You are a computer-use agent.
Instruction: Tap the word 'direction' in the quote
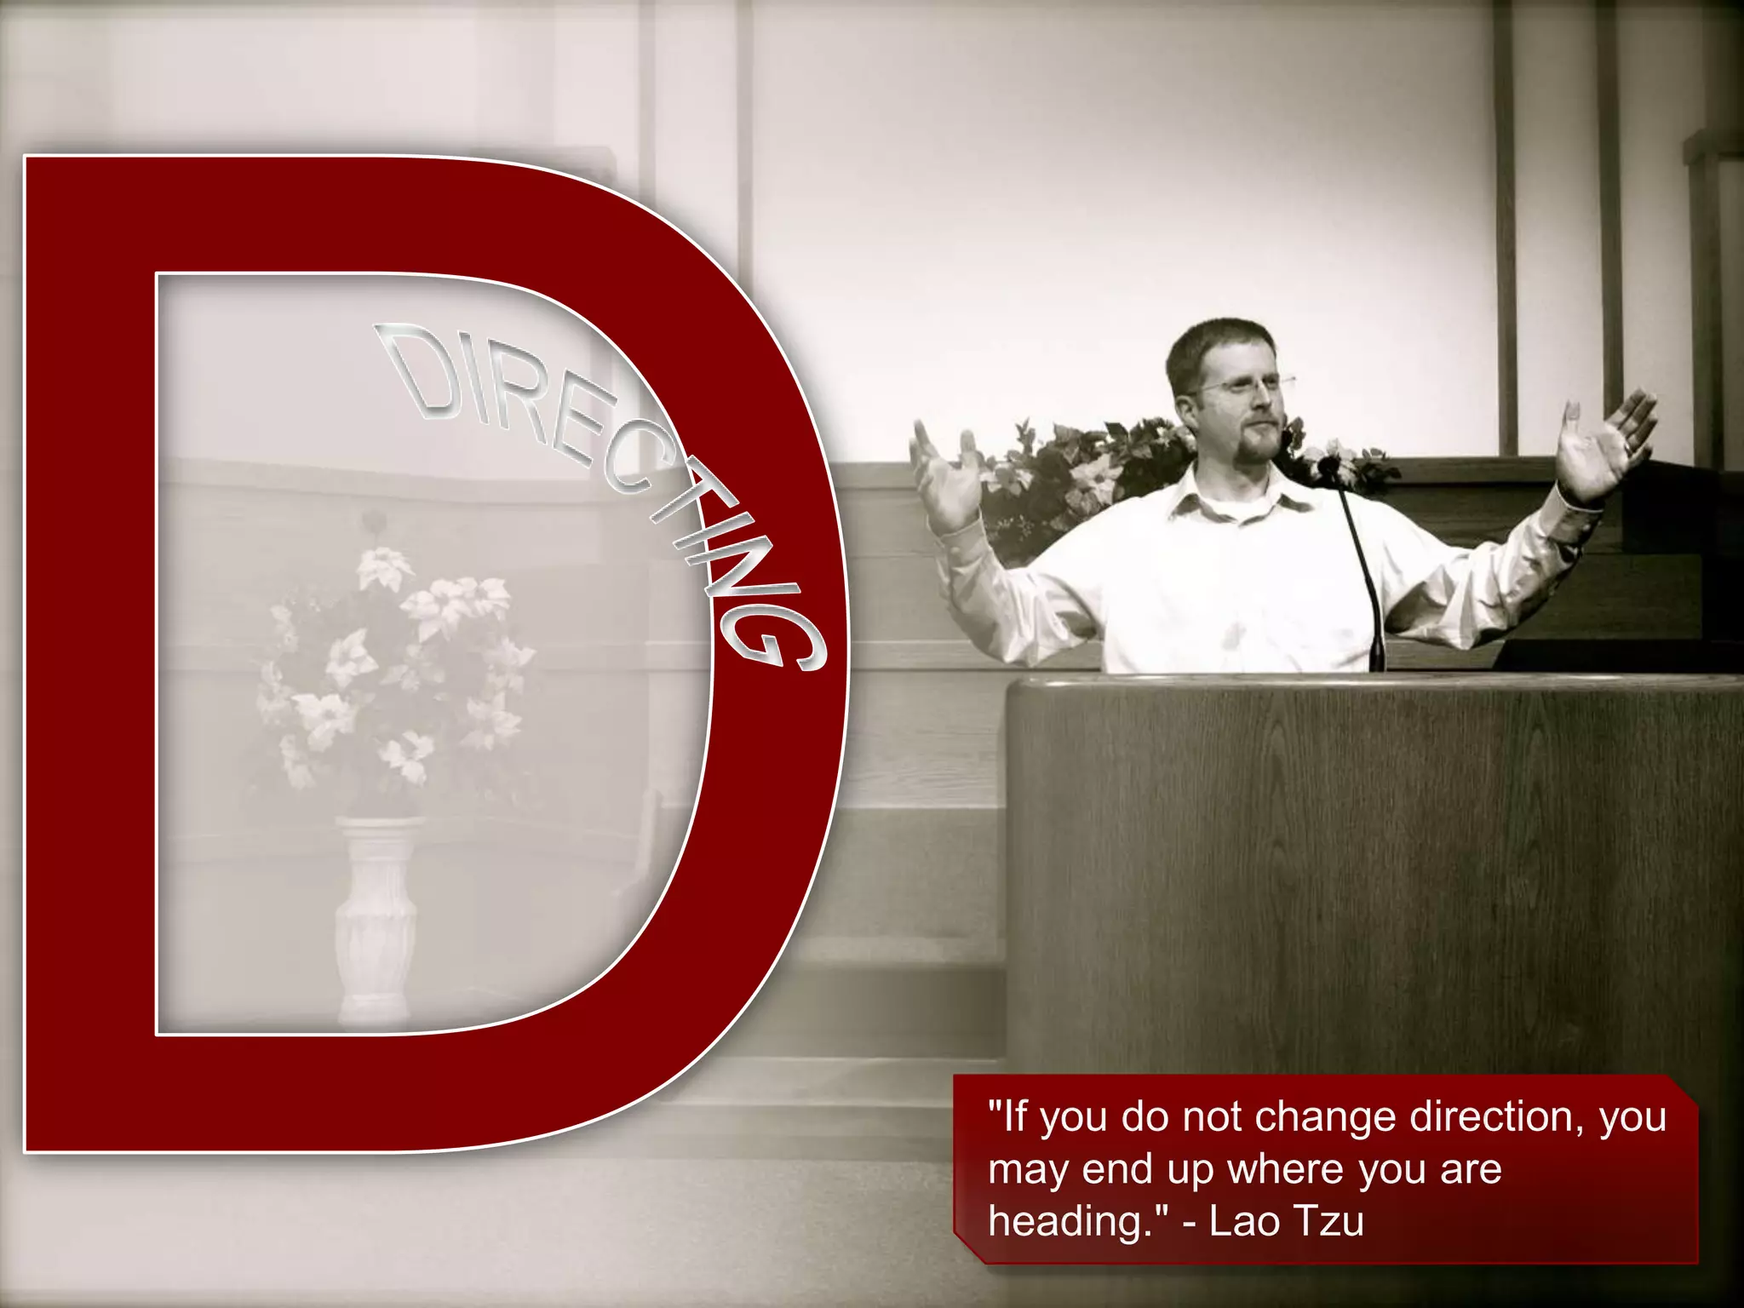1499,1117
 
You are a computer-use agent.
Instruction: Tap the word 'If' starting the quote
1015,1116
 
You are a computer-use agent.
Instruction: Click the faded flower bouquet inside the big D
392,673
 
